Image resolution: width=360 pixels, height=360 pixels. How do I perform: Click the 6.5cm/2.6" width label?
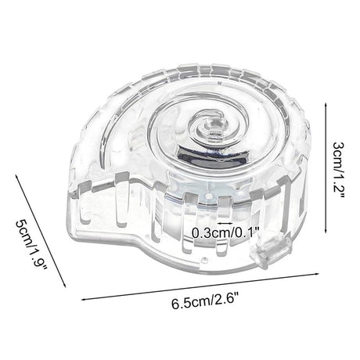point(205,301)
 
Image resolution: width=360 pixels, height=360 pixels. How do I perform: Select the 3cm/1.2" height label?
point(338,171)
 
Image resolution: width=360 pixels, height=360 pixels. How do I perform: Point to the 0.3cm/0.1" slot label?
point(225,232)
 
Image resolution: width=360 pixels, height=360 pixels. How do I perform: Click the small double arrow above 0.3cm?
point(225,223)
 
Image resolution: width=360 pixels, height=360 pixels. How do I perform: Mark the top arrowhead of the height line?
point(326,104)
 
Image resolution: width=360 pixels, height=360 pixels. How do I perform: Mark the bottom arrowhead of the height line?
point(326,232)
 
